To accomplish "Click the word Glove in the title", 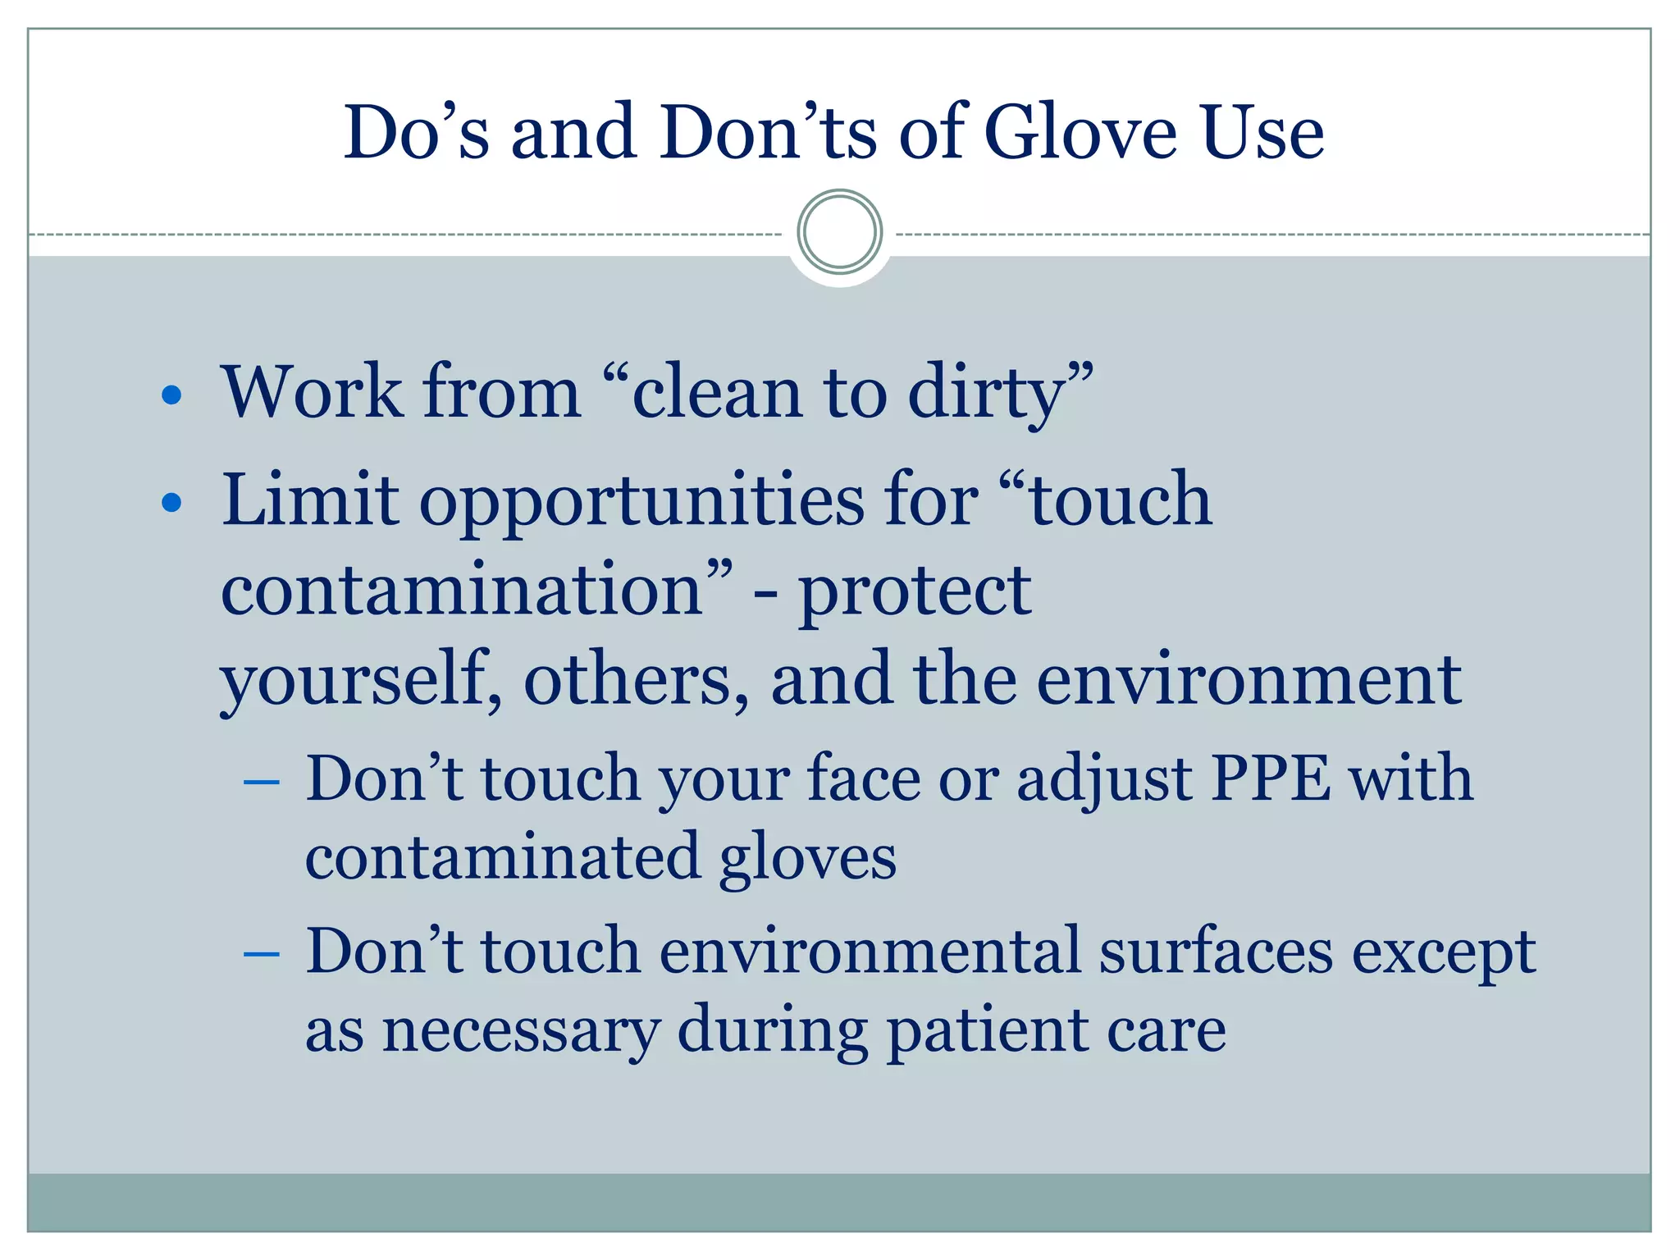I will click(1080, 133).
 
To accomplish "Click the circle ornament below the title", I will click(839, 232).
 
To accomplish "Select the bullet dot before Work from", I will click(171, 395).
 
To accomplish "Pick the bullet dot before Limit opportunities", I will click(171, 502).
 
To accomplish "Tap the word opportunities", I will click(641, 502).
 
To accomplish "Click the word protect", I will click(915, 592).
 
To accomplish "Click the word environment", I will click(1249, 681).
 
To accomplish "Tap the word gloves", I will click(807, 858).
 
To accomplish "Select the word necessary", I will click(521, 1030).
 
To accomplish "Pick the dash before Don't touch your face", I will click(262, 781).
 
